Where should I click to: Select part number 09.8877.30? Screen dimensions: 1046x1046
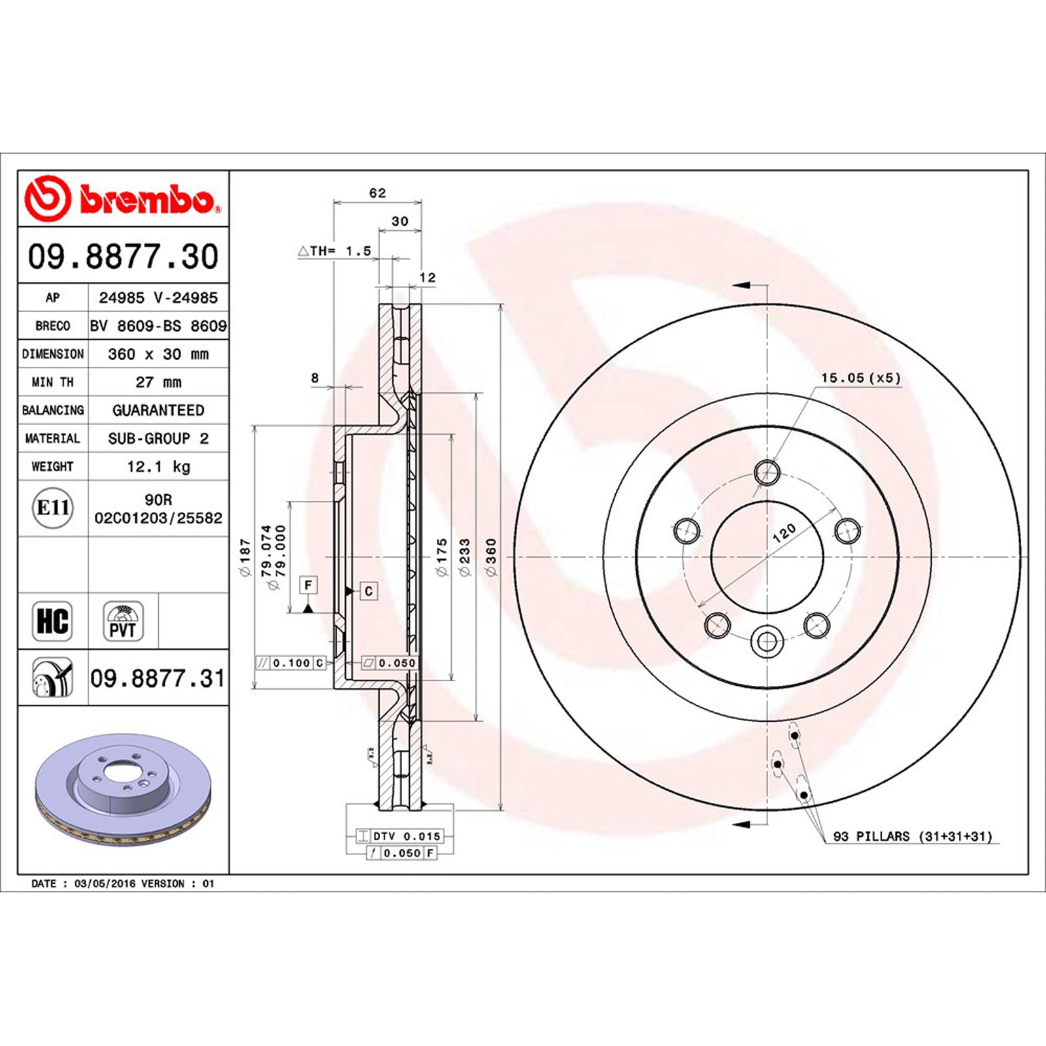coord(123,256)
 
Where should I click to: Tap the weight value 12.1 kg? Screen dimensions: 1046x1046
coord(158,467)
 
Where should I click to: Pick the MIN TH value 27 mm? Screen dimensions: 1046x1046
coord(158,382)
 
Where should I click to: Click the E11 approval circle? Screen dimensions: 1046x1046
coord(53,508)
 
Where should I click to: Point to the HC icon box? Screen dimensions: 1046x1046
coord(52,621)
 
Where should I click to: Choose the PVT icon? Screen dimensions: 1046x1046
coord(123,621)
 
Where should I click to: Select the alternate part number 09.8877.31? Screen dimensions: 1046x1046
coord(158,679)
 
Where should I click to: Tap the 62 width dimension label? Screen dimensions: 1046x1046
coord(378,193)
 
